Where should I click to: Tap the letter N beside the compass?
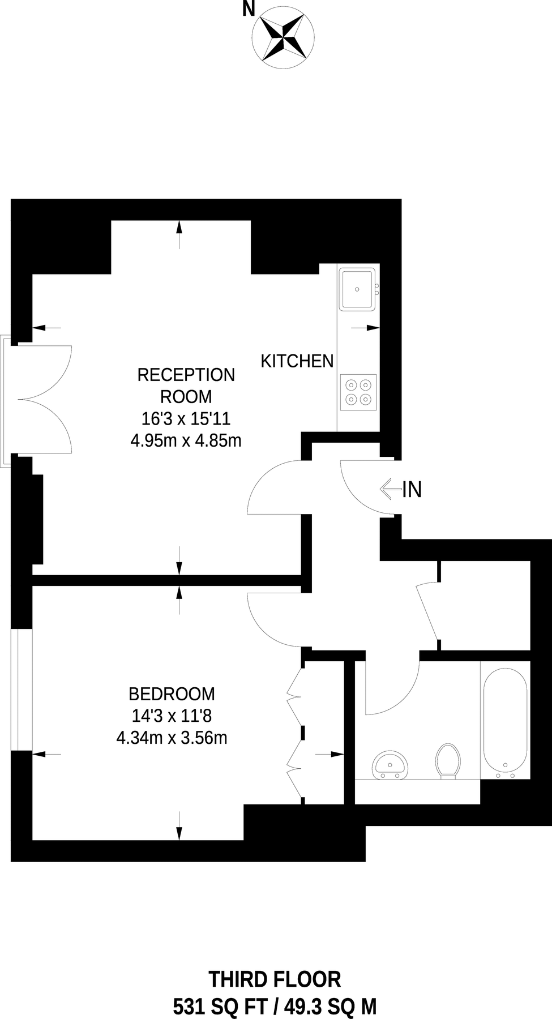tap(248, 9)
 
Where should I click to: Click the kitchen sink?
tap(357, 289)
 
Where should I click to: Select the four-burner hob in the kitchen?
tap(358, 392)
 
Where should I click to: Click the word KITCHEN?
tap(297, 361)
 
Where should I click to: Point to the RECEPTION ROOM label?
tap(186, 386)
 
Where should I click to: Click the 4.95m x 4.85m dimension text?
tap(186, 440)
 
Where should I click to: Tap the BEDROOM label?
tap(172, 693)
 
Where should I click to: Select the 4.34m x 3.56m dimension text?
tap(172, 738)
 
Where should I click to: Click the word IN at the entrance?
tap(412, 490)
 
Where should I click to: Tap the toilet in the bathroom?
tap(447, 761)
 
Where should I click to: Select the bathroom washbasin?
tap(391, 765)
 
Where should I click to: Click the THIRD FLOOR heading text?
tap(275, 979)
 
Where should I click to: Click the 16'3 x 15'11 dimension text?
tap(186, 419)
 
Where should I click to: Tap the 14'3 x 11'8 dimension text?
tap(172, 716)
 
